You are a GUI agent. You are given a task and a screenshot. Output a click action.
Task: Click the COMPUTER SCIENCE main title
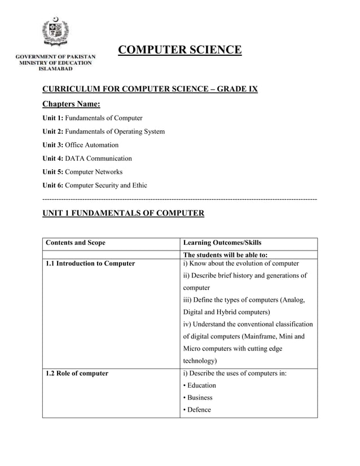[179, 50]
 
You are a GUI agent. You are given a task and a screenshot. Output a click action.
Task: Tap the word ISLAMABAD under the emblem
[55, 69]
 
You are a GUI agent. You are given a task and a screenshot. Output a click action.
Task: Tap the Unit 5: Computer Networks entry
[82, 172]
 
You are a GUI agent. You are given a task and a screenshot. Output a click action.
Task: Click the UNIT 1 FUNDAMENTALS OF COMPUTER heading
[123, 213]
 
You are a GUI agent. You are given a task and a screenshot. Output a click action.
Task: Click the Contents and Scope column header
[75, 243]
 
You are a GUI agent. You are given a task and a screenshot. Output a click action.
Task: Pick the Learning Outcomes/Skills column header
[222, 243]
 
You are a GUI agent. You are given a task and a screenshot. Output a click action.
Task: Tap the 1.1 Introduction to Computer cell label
[90, 263]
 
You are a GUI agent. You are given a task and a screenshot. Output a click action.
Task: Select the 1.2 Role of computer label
[77, 373]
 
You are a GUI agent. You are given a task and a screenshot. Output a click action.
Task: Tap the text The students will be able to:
[226, 255]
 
